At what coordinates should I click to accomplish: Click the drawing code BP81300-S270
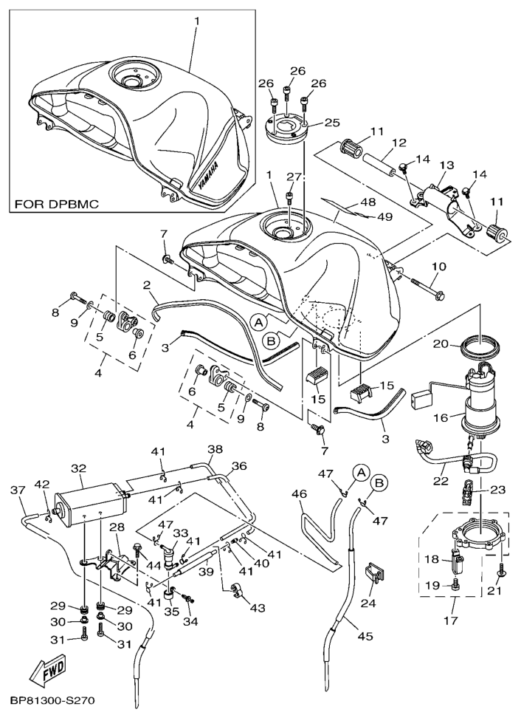(x=51, y=700)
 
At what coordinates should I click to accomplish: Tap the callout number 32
(x=78, y=468)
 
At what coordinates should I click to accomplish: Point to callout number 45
(x=365, y=634)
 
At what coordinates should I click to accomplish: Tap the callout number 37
(x=17, y=490)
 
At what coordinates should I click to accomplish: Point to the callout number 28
(x=116, y=527)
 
